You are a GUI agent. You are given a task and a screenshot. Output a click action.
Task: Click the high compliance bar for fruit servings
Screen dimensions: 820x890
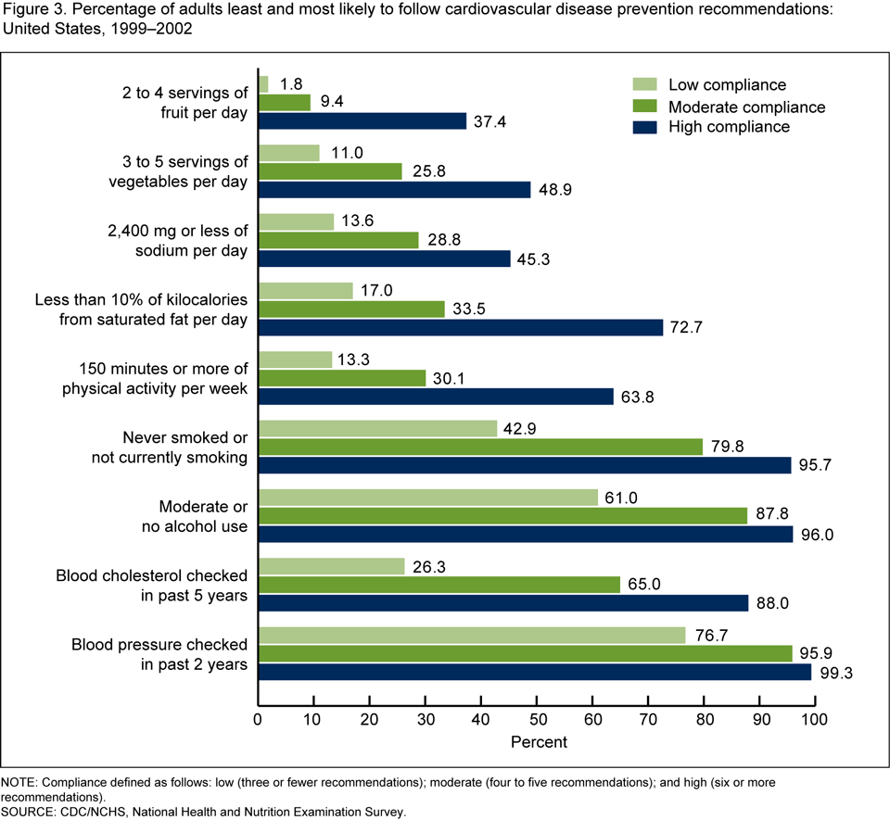(x=362, y=120)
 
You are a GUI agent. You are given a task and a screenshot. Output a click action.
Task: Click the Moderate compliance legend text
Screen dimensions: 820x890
(x=746, y=107)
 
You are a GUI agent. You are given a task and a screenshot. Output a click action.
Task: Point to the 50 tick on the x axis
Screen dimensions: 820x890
(x=537, y=719)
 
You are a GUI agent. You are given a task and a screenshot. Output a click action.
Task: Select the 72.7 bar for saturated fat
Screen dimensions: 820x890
(x=462, y=326)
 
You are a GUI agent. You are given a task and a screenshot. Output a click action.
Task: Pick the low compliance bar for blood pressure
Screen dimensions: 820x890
(x=472, y=636)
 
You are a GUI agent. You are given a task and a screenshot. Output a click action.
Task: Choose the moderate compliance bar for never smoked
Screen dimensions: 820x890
(x=481, y=447)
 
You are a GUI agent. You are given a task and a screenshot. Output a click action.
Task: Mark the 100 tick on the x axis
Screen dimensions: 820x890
(x=815, y=719)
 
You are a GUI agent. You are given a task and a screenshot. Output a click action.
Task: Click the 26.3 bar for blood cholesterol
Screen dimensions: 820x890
(x=332, y=566)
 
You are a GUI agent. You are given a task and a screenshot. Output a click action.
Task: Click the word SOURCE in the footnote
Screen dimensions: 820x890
(x=31, y=812)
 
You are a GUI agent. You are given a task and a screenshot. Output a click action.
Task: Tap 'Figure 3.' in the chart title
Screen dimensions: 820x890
(x=34, y=11)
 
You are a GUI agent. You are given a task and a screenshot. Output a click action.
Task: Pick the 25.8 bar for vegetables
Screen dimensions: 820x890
(x=330, y=171)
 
